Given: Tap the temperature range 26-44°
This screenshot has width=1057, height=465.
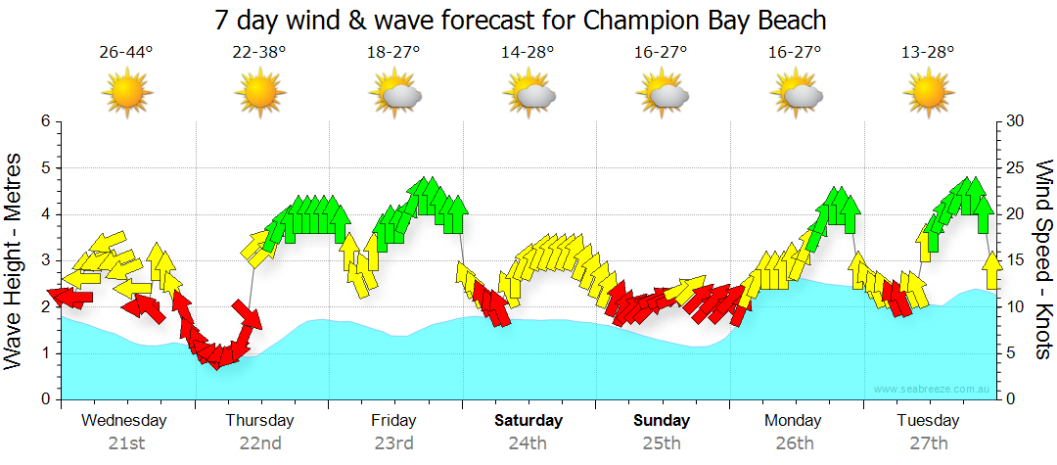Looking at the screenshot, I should (x=126, y=53).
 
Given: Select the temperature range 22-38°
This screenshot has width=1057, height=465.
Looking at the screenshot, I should (x=259, y=53).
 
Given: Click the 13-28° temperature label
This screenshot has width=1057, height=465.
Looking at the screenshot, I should (x=928, y=53).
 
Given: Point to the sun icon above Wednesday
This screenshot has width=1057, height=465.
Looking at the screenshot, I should (x=126, y=94).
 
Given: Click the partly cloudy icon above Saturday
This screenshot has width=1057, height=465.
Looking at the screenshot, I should (x=529, y=94).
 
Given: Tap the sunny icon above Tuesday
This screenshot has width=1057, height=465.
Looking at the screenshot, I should (x=928, y=94).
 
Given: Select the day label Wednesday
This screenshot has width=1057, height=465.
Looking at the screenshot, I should (x=124, y=421).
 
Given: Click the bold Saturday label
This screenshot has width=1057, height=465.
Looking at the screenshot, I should (x=528, y=421).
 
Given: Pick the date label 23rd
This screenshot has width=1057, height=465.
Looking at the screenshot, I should (x=393, y=442).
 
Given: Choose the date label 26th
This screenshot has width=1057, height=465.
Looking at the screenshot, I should (x=794, y=442).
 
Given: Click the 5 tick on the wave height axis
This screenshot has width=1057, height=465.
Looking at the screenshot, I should (x=44, y=168).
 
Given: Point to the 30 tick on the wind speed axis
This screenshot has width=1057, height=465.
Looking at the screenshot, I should (x=1016, y=121).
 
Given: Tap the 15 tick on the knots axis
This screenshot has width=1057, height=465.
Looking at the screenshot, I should (x=1016, y=260).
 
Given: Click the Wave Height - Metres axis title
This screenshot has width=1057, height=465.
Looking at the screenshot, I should (x=15, y=260).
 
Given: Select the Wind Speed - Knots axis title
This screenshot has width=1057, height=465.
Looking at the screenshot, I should (x=1042, y=260).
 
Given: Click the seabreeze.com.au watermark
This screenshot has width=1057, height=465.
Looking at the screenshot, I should (x=934, y=390).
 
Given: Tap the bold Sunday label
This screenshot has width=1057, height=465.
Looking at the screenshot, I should (x=661, y=421).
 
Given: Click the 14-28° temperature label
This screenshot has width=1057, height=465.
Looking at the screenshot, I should (x=528, y=53).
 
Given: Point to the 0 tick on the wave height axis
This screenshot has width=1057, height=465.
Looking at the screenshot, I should (x=44, y=399).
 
